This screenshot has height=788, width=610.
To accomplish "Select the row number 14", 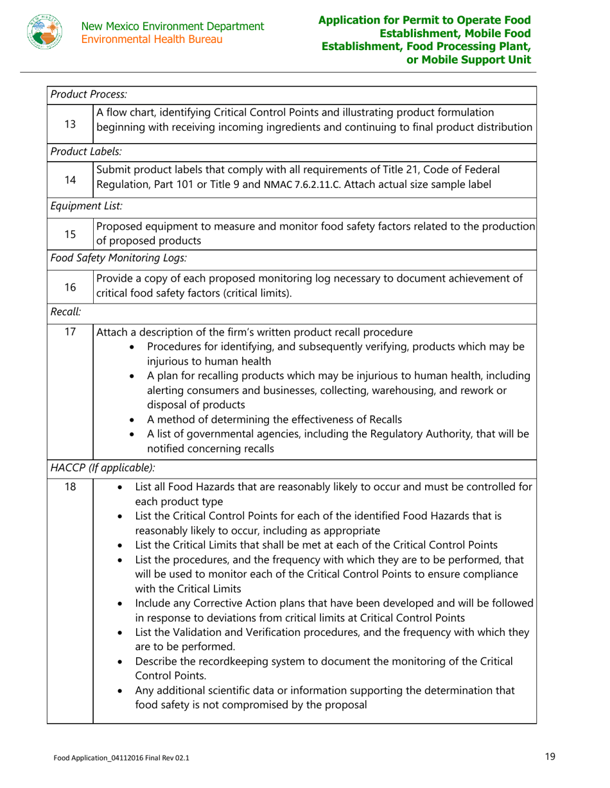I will point(70,180).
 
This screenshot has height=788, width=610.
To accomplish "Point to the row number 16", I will point(70,284).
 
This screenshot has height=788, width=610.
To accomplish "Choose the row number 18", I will point(70,487).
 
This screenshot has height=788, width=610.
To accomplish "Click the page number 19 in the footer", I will point(550,757).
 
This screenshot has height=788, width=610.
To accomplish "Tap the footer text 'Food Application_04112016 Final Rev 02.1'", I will point(121,758).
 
